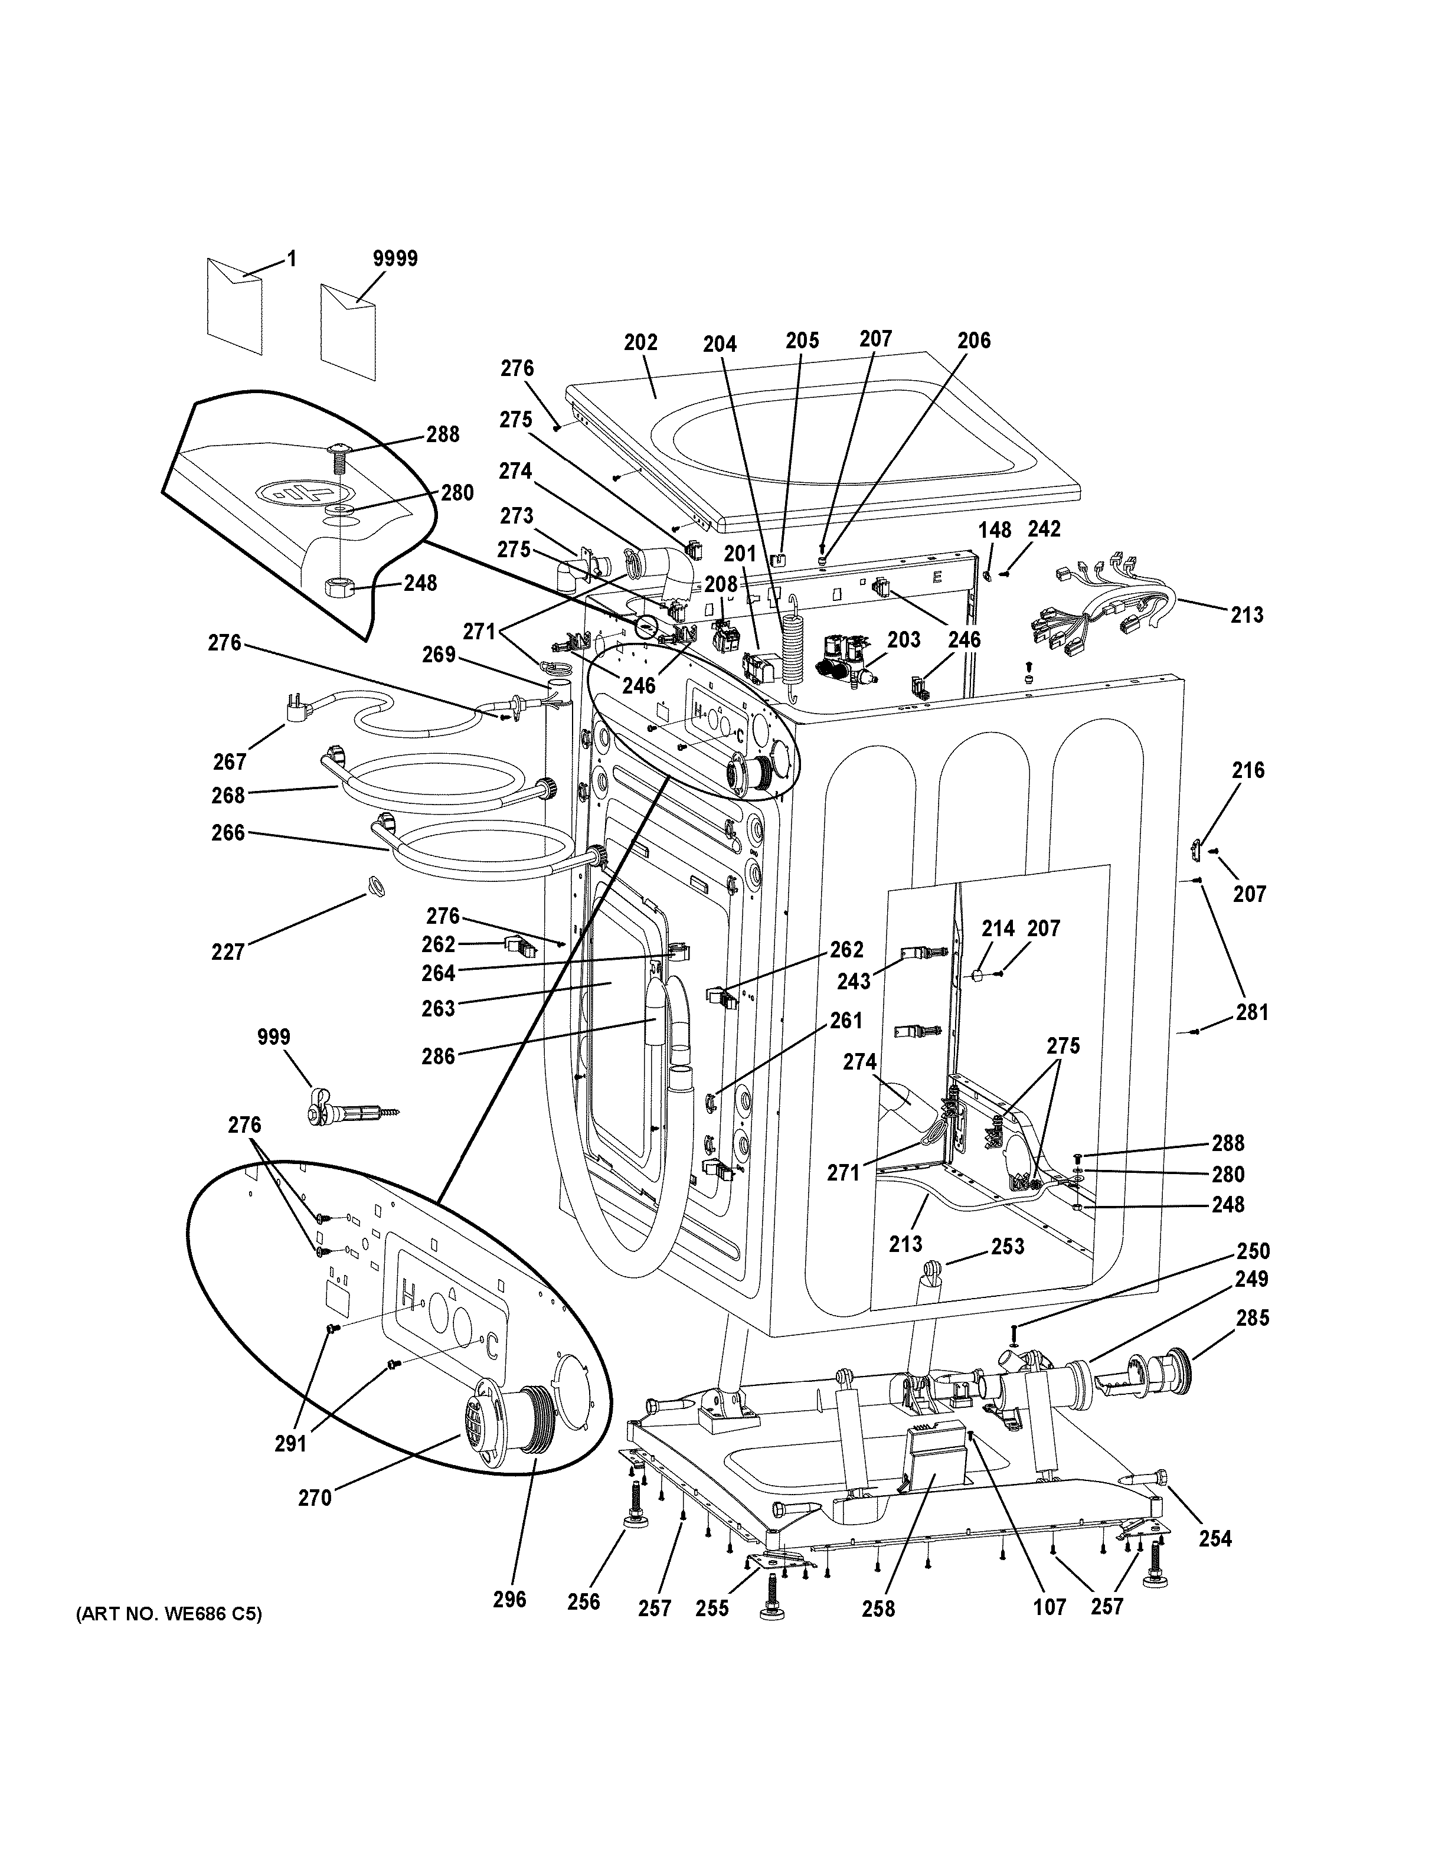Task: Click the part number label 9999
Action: (x=395, y=259)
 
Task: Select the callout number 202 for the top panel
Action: (x=640, y=342)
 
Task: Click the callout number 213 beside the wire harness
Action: (x=1247, y=614)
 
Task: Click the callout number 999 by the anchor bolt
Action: (x=273, y=1038)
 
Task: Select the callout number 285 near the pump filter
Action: (x=1251, y=1317)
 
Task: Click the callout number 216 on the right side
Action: (x=1248, y=770)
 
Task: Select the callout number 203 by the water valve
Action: (x=903, y=640)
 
